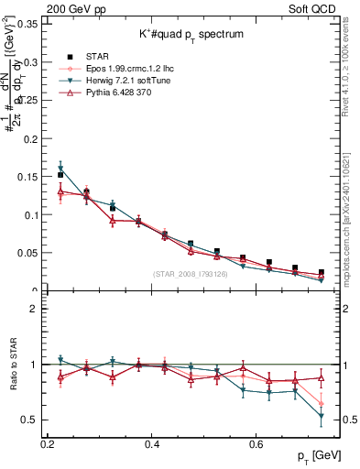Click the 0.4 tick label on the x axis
(152, 444)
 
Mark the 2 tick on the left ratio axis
(35, 309)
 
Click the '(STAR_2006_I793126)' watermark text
(193, 275)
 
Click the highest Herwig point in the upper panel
(60, 168)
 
